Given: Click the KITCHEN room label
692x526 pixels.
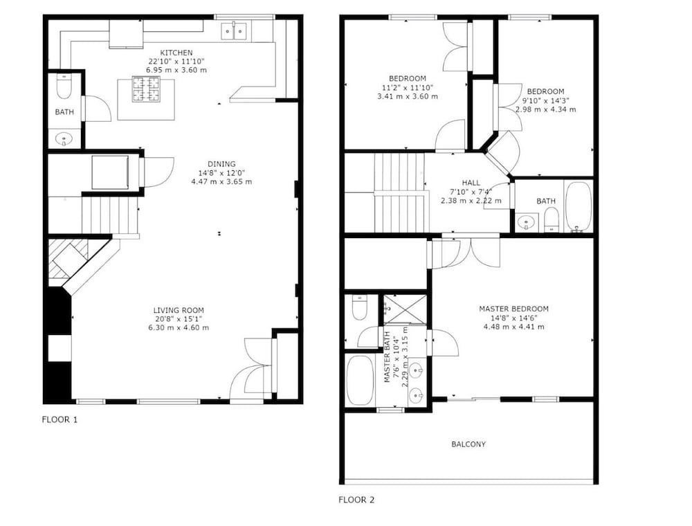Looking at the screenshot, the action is pyautogui.click(x=176, y=53).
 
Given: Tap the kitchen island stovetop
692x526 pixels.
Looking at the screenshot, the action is pyautogui.click(x=146, y=89).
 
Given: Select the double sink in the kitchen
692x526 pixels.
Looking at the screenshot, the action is pyautogui.click(x=234, y=31).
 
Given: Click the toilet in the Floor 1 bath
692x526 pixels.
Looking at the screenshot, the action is pyautogui.click(x=64, y=87).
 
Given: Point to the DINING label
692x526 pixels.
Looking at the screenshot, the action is pyautogui.click(x=221, y=164).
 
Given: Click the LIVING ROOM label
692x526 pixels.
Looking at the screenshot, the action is pyautogui.click(x=179, y=310).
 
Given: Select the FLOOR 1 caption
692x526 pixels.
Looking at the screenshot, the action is pyautogui.click(x=60, y=419).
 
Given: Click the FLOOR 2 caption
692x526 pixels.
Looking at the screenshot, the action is pyautogui.click(x=356, y=500).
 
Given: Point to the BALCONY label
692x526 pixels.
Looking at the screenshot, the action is pyautogui.click(x=468, y=444).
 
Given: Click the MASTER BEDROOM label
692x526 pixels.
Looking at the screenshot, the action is pyautogui.click(x=513, y=309).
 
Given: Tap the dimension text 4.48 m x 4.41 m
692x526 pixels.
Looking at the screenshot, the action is pyautogui.click(x=513, y=327).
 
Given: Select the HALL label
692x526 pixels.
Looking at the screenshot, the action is pyautogui.click(x=471, y=183).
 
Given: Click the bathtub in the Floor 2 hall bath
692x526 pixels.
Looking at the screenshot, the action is pyautogui.click(x=579, y=206).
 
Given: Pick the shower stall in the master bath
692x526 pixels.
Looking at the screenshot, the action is pyautogui.click(x=405, y=309).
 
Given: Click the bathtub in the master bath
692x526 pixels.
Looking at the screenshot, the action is pyautogui.click(x=360, y=381).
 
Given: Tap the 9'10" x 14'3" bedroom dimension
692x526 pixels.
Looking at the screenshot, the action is pyautogui.click(x=545, y=100).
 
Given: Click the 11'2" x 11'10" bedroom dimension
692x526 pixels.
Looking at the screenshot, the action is pyautogui.click(x=408, y=87).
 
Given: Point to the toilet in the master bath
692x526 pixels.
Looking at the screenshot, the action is pyautogui.click(x=360, y=307).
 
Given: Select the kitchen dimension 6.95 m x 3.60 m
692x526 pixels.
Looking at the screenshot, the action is pyautogui.click(x=176, y=70).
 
